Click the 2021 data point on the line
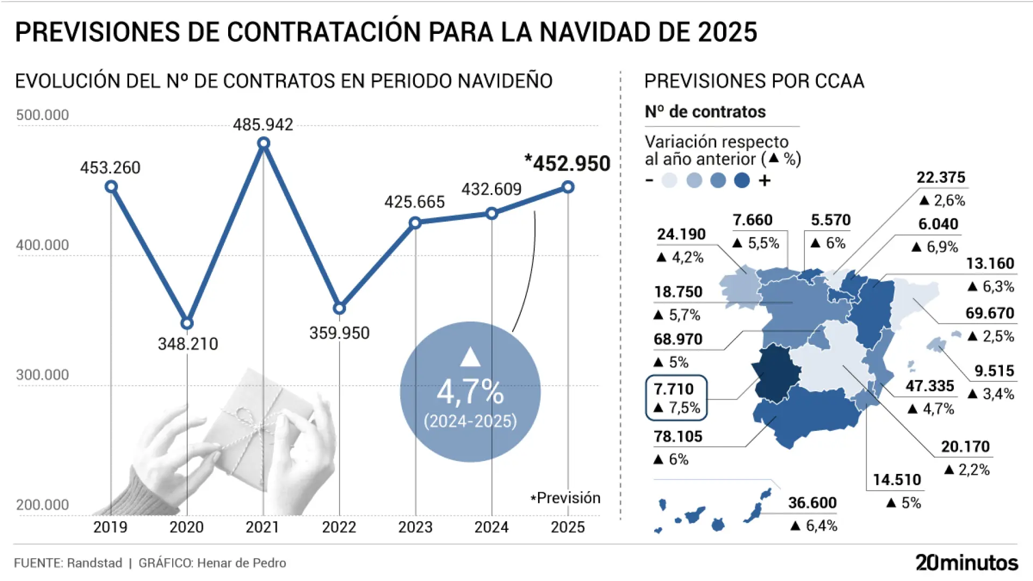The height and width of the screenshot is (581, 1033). coord(264,143)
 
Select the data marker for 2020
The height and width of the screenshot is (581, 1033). coord(187,323)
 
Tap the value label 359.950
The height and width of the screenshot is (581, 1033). coord(339,333)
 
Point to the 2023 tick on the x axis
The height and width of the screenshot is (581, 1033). coord(415,527)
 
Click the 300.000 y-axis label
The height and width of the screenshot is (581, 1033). coord(43,375)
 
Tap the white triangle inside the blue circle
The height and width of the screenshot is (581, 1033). coord(470,357)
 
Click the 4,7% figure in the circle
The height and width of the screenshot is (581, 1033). coord(470,392)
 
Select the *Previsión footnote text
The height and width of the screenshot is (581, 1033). coord(565,498)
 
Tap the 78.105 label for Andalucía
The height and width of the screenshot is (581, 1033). coord(678,436)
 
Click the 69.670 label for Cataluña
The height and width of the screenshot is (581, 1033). coord(989,313)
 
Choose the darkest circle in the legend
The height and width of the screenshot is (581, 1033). coord(742,180)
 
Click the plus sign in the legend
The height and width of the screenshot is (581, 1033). coord(765,181)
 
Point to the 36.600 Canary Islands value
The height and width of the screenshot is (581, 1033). coord(812,503)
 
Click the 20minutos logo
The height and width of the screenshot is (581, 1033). coord(967,563)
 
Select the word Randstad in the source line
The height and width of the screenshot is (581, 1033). coord(95,563)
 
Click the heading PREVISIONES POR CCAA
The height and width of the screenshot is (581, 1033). coord(754,81)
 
